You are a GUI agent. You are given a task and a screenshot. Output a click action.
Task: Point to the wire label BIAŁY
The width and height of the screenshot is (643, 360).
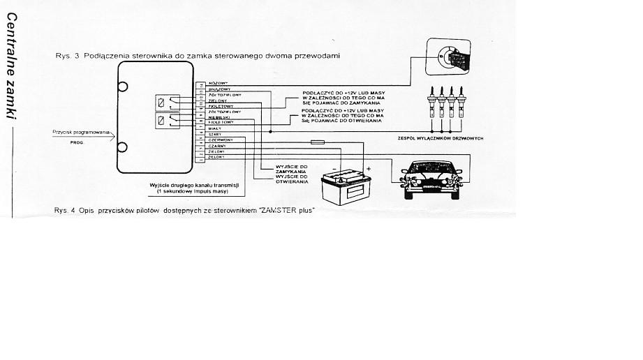pyautogui.click(x=215, y=129)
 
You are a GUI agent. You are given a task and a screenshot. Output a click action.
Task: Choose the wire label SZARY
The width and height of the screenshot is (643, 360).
pyautogui.click(x=215, y=135)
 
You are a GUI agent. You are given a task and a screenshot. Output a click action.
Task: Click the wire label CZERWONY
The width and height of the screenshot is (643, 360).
pyautogui.click(x=221, y=140)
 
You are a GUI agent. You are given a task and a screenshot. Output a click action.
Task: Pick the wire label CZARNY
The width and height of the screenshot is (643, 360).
pyautogui.click(x=217, y=146)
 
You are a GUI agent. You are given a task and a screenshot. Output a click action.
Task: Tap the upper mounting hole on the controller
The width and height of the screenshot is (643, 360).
pyautogui.click(x=122, y=87)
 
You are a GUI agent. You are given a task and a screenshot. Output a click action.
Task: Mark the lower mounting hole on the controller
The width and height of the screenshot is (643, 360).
pyautogui.click(x=122, y=147)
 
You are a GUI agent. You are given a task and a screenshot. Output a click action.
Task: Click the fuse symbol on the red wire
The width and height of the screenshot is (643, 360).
pyautogui.click(x=317, y=141)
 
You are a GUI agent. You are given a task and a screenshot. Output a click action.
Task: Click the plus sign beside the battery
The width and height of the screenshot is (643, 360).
pyautogui.click(x=369, y=169)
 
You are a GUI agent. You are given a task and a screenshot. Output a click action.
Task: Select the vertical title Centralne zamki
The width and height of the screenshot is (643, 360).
pyautogui.click(x=11, y=70)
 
